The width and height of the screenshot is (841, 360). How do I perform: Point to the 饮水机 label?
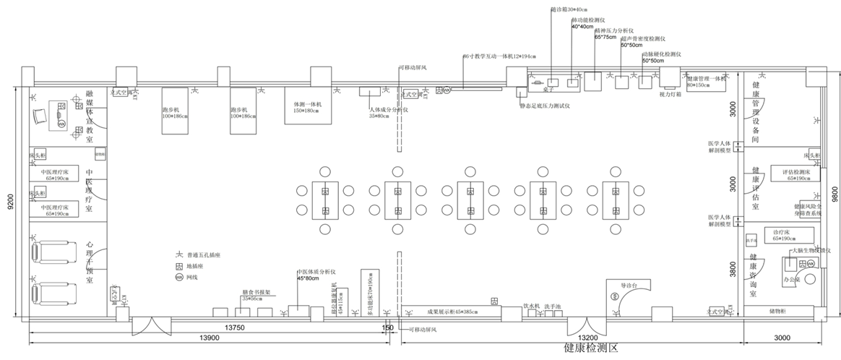click(532, 307)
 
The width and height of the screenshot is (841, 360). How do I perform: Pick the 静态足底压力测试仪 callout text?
click(545, 106)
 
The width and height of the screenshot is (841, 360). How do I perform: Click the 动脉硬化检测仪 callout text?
click(662, 53)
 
